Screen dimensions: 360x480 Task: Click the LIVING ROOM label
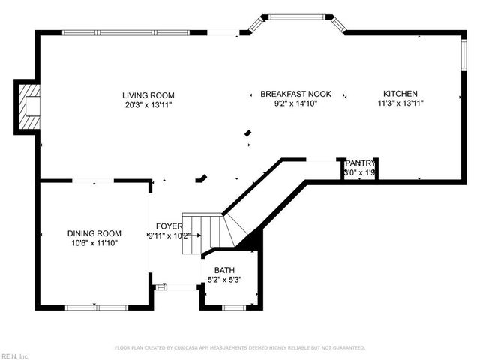tap(148, 95)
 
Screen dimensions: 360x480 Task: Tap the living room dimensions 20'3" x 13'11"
tap(148, 105)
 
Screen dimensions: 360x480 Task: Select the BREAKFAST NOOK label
tap(295, 94)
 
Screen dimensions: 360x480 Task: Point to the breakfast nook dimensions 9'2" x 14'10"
tap(295, 103)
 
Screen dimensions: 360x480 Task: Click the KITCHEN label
tap(402, 94)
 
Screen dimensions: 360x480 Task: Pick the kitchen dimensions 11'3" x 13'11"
tap(402, 103)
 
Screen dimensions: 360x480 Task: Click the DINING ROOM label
tap(94, 233)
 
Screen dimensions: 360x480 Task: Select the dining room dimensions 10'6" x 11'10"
tap(94, 243)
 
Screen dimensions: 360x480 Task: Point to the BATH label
tap(224, 270)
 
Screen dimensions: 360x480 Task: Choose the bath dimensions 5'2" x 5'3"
tap(224, 280)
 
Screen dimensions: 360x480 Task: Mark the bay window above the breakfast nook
tap(296, 17)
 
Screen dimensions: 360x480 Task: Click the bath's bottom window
tap(233, 307)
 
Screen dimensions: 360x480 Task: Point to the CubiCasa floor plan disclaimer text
tap(239, 348)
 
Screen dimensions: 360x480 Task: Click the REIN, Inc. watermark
tap(15, 355)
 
